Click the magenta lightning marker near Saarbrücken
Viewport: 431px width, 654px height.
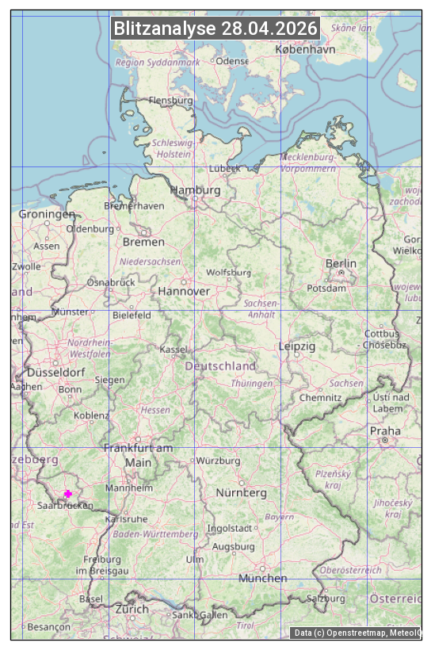click(67, 494)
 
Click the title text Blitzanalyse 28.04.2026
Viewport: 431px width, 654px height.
click(215, 29)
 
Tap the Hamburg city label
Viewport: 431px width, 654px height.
click(195, 191)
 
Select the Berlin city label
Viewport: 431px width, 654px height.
click(341, 263)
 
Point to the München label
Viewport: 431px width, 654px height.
click(263, 579)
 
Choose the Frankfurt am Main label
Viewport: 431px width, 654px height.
click(138, 455)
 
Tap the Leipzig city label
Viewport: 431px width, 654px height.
click(297, 346)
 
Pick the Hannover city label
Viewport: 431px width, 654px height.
click(184, 291)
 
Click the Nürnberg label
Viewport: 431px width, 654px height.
click(242, 493)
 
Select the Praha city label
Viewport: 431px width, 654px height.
click(384, 431)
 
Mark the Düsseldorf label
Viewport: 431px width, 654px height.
click(55, 372)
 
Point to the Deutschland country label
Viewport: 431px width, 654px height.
click(220, 366)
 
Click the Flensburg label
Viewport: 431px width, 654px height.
click(170, 101)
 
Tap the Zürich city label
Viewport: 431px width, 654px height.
click(132, 609)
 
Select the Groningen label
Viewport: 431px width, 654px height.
click(47, 214)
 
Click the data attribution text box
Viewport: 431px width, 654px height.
click(357, 633)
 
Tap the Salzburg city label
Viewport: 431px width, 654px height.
click(327, 599)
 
